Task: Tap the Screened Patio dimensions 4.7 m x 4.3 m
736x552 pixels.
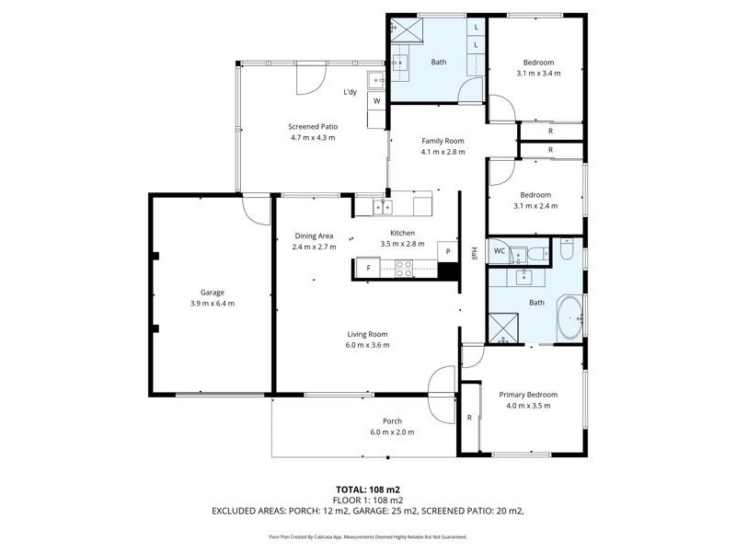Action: coord(313,138)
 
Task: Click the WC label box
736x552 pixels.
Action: coord(500,250)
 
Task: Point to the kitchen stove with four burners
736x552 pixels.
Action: coord(403,268)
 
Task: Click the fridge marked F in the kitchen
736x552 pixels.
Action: coord(368,268)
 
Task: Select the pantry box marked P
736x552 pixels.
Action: coord(448,251)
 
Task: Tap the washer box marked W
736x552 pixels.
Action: coord(377,100)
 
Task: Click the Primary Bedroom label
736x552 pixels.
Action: coord(529,395)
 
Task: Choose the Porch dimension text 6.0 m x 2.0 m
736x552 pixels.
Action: coord(393,432)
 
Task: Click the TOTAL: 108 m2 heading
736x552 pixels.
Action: coord(368,489)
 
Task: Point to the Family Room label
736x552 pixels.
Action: coord(443,141)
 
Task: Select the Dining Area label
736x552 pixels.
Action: coord(314,236)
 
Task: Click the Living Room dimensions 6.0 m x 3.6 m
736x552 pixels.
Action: coord(368,345)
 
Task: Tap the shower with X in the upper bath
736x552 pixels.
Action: coord(403,30)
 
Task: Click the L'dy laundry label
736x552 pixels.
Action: coord(351,92)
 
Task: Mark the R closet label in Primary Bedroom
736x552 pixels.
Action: coord(469,417)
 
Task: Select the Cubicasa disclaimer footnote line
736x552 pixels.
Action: coord(368,535)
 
